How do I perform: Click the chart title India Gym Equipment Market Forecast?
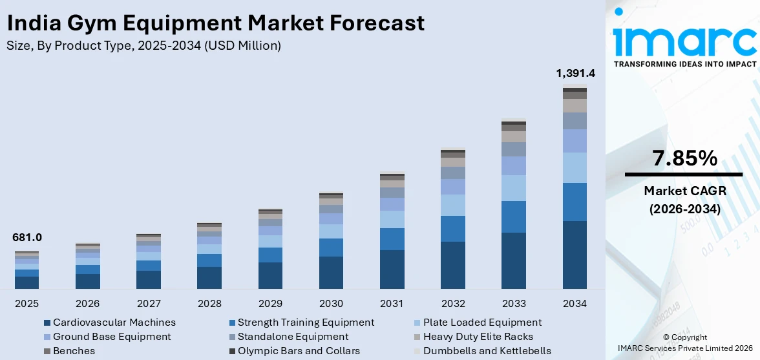click(215, 23)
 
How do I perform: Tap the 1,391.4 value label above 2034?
click(575, 73)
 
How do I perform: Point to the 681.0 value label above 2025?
click(26, 238)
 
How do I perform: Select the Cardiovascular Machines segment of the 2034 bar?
click(575, 255)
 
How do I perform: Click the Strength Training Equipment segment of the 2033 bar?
click(514, 217)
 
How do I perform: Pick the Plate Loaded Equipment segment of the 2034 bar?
click(575, 167)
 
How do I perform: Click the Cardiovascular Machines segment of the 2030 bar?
click(332, 272)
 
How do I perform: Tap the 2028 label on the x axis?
click(209, 304)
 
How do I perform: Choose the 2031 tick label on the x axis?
click(392, 304)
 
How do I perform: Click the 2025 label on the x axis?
click(26, 304)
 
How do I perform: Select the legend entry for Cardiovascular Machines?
click(114, 323)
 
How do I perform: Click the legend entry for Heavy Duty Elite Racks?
click(478, 337)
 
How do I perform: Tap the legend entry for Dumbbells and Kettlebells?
click(487, 351)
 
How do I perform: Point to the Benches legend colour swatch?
click(47, 351)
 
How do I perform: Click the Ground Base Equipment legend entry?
click(112, 337)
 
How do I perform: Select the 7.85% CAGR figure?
click(684, 158)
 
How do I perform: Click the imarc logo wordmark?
click(684, 40)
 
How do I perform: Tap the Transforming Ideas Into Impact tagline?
click(684, 64)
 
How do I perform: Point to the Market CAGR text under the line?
click(684, 191)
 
